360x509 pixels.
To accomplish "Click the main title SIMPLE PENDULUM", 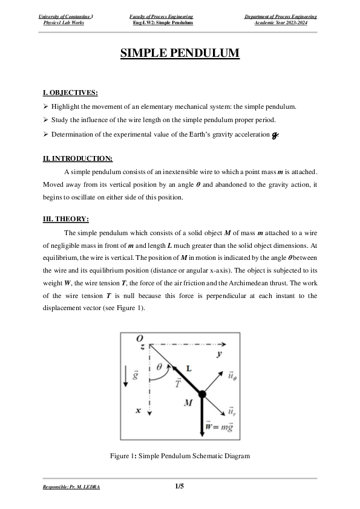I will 180,54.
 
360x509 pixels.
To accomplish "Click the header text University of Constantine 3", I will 67,16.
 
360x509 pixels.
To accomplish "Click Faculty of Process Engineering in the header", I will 162,16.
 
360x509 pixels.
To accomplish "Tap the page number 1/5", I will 179,485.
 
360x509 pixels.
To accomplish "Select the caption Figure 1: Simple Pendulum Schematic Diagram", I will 180,455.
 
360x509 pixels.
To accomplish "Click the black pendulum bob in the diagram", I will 201,394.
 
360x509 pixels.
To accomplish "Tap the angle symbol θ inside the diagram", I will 159,366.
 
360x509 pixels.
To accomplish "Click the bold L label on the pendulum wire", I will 189,368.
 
